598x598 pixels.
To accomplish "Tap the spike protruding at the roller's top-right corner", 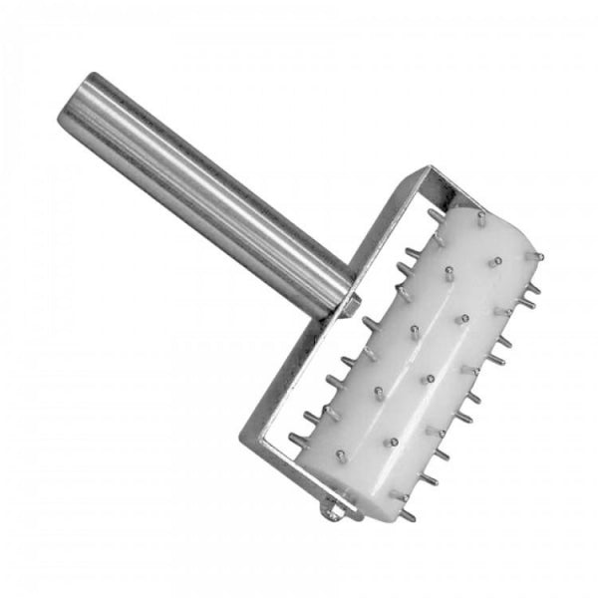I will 537,256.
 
